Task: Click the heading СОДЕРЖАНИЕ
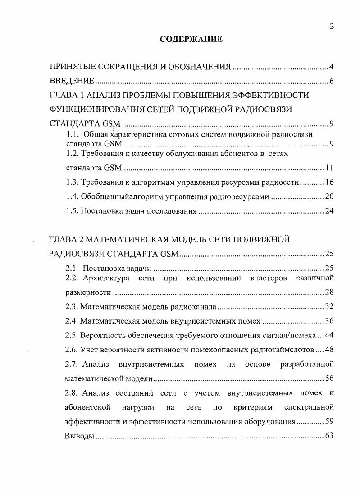191,40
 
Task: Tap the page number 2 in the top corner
331,26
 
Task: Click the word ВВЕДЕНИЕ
72,81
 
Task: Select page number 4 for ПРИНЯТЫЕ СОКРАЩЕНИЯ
331,67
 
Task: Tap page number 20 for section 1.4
329,196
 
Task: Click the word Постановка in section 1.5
101,211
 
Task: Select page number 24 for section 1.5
329,211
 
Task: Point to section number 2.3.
73,307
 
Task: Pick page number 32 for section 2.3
329,307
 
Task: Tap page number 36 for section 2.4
329,321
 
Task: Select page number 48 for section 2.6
329,350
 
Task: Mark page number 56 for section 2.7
329,378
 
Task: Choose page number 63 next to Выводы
329,436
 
